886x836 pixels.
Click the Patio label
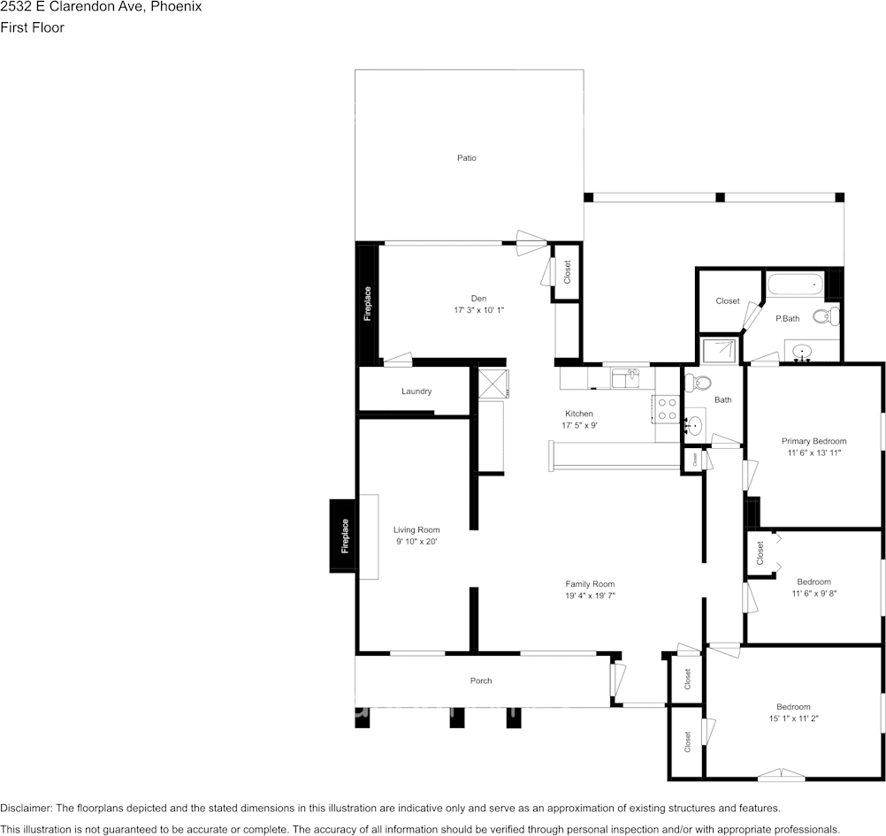tap(466, 158)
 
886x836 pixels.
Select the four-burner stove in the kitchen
tap(667, 408)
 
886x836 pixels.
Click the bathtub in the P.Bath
tap(795, 285)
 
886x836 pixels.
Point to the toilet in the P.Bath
tap(825, 315)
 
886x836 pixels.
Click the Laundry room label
tap(416, 391)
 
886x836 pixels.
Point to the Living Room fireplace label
tap(345, 536)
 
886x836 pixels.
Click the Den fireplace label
tap(368, 303)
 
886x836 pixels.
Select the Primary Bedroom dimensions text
tap(813, 452)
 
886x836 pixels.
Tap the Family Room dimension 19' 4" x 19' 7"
tap(590, 596)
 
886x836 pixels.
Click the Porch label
tap(481, 680)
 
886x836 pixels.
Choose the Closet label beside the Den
tap(567, 272)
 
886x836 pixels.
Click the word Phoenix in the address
tap(178, 7)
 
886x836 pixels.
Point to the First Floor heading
tap(33, 27)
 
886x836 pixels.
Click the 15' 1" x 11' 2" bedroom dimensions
tap(793, 718)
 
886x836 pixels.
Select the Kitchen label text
tap(579, 414)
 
